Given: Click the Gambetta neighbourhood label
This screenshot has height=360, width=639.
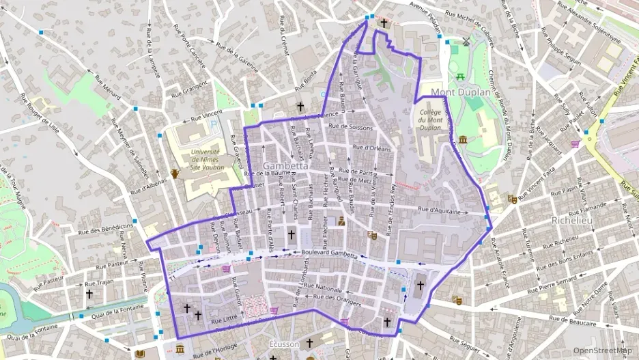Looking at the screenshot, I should point(285,166).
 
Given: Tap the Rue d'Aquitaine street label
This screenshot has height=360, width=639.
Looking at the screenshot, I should point(440,212).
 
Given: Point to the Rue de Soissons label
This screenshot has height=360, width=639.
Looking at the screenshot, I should point(350,127).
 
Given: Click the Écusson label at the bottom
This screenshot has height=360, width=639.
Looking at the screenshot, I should point(285,345).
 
